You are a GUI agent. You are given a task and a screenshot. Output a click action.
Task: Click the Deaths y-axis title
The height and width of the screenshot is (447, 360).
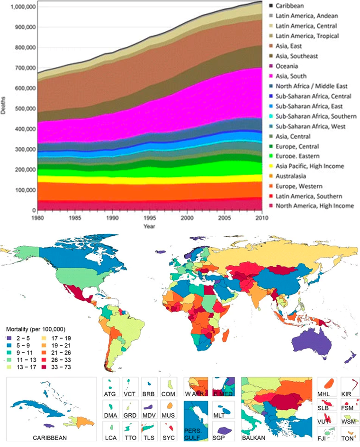[4, 108]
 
